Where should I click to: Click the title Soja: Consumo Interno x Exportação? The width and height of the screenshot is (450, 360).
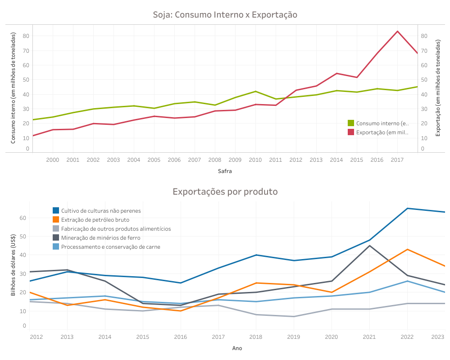(x=225, y=15)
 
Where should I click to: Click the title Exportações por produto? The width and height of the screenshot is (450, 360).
(x=225, y=191)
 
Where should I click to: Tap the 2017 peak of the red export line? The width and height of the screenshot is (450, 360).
(x=397, y=31)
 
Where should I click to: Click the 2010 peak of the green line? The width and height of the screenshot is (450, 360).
(x=255, y=91)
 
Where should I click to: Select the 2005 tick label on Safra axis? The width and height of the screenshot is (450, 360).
(x=154, y=160)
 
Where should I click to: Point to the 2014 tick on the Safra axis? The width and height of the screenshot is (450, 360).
(x=336, y=160)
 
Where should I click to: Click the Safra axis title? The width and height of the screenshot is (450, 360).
(x=225, y=171)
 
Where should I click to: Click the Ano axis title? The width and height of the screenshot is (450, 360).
(x=237, y=348)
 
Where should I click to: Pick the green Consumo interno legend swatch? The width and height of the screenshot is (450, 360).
(x=351, y=123)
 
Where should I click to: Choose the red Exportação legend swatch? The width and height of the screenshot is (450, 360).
(x=351, y=132)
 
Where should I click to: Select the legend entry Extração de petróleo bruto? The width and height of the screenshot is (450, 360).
(x=95, y=220)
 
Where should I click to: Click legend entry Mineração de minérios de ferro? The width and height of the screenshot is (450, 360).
(x=100, y=238)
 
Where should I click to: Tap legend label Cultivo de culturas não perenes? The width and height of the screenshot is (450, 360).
(x=101, y=210)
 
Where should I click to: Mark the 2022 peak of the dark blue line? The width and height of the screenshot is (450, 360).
(x=407, y=208)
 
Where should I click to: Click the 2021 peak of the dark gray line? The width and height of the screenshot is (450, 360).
(x=369, y=246)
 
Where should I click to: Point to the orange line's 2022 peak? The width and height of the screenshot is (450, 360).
(x=407, y=249)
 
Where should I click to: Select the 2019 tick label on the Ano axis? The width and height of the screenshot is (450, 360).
(x=294, y=337)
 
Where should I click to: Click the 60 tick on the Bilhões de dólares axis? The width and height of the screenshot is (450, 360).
(x=23, y=218)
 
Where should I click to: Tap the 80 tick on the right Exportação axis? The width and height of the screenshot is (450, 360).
(x=424, y=36)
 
